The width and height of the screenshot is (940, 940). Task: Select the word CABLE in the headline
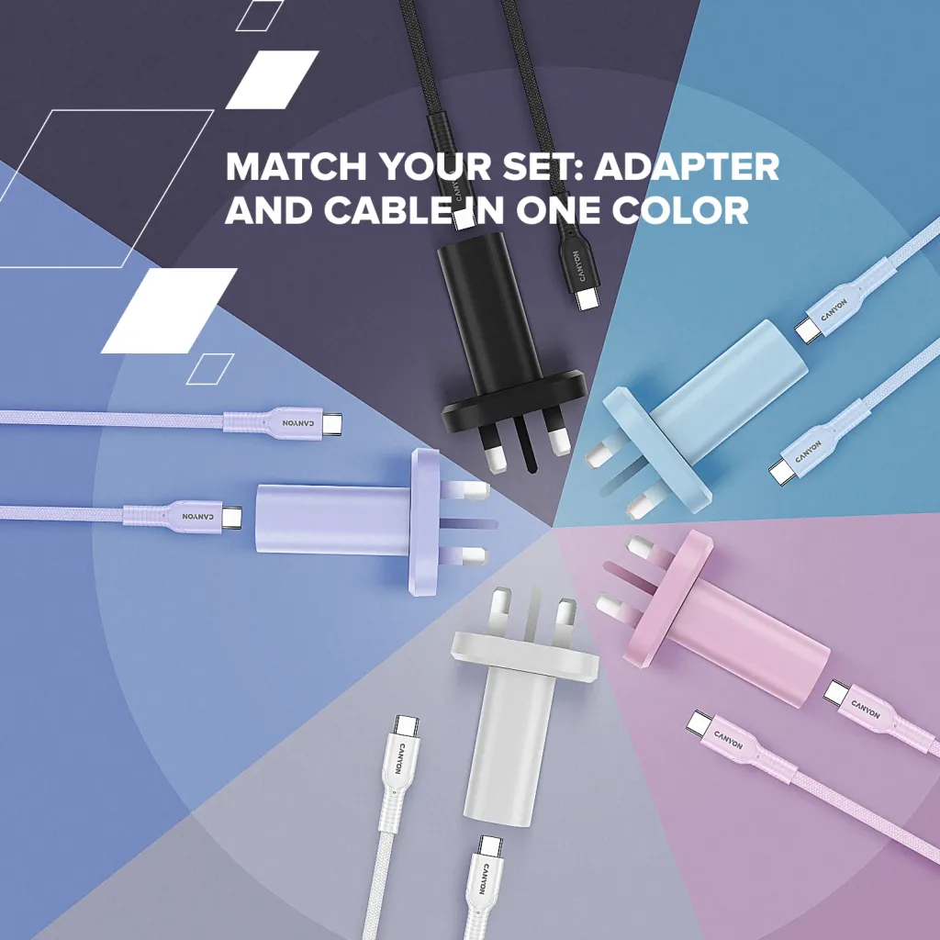(x=395, y=211)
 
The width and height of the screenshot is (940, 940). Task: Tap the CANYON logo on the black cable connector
(x=577, y=265)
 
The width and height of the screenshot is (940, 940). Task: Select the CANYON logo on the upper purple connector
(x=297, y=423)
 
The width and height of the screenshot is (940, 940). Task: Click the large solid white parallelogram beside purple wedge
(x=170, y=310)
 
